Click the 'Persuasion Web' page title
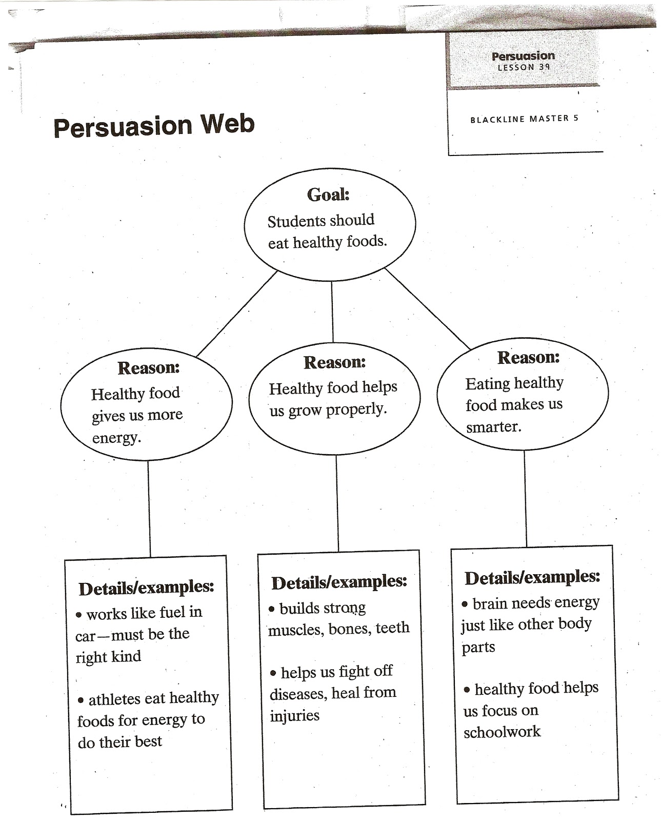click(x=154, y=126)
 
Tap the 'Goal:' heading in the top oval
click(x=328, y=194)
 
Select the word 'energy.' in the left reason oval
click(x=116, y=438)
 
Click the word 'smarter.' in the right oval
click(x=493, y=426)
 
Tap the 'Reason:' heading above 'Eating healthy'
click(x=528, y=358)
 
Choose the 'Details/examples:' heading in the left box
click(x=146, y=588)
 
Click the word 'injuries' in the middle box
click(x=294, y=715)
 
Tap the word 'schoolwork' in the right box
click(x=502, y=732)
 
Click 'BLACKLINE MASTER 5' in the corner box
click(x=524, y=119)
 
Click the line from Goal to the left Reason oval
click(x=237, y=314)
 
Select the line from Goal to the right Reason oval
click(x=427, y=309)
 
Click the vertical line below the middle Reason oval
click(x=337, y=503)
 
